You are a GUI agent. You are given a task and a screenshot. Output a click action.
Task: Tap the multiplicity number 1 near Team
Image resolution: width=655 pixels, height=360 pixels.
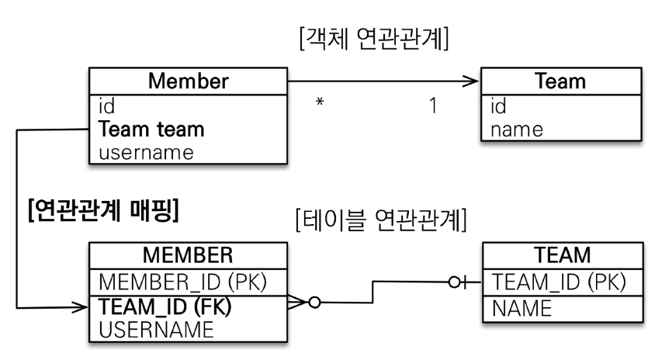(x=432, y=106)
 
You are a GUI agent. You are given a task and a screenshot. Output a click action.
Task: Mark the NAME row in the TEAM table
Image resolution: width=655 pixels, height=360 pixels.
(x=522, y=309)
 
